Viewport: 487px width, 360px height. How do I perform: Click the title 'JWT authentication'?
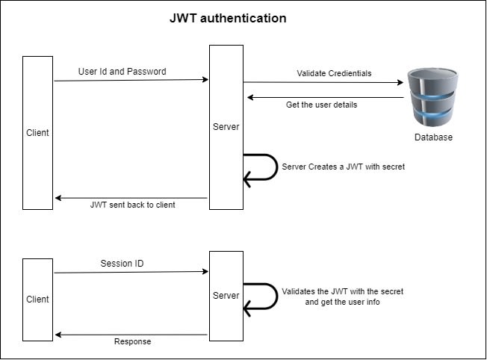pos(228,18)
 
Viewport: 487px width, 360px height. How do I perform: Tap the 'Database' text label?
pos(433,137)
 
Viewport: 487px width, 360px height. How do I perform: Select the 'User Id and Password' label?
pos(122,72)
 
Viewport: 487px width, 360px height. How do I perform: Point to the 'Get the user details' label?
pos(321,105)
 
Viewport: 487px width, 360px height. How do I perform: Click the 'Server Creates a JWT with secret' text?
pos(343,167)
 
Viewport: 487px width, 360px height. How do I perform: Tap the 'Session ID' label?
pos(122,264)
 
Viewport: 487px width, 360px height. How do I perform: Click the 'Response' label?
pos(132,341)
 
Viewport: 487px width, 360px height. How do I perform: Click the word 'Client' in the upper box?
pos(37,133)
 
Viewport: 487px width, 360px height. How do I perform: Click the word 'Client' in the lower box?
pos(37,300)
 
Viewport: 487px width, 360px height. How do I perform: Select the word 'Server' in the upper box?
pos(226,127)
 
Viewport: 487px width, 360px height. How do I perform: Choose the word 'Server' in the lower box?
pos(226,296)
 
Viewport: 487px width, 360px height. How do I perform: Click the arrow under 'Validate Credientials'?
pos(323,83)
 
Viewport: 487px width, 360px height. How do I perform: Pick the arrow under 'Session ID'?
pos(131,273)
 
